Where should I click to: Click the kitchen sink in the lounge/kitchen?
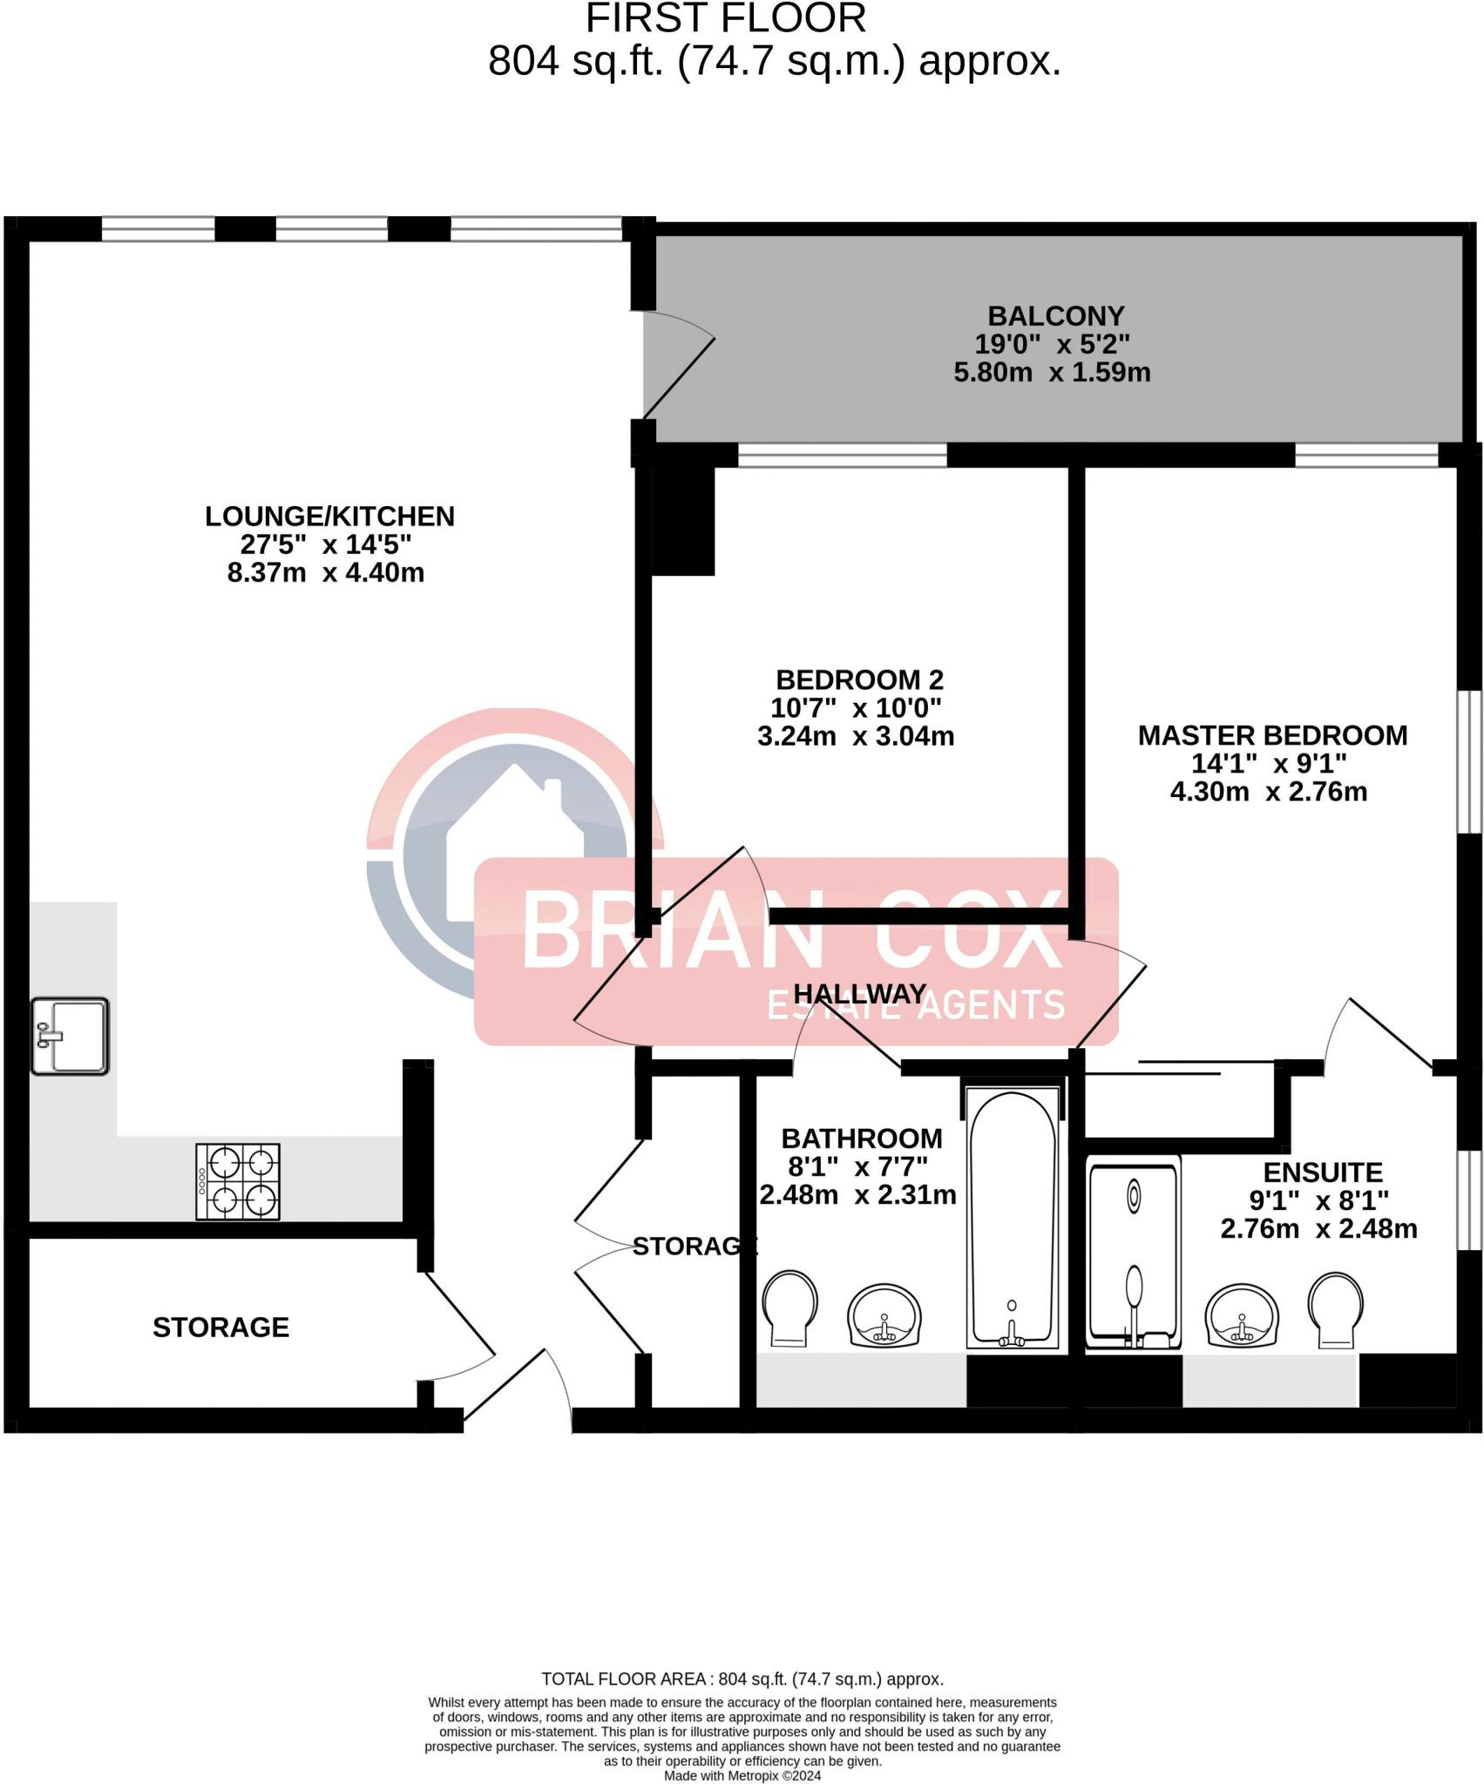coord(71,1037)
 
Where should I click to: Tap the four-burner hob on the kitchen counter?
coord(238,1181)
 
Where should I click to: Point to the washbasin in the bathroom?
coord(884,1315)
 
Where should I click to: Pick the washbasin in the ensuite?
coord(1242,1315)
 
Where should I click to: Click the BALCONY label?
coord(1055,315)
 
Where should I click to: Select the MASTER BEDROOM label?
coord(1272,735)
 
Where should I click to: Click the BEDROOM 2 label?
coord(859,679)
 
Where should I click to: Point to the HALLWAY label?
coord(859,994)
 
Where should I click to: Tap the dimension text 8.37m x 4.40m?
coord(326,573)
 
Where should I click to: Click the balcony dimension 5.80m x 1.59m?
coord(1052,373)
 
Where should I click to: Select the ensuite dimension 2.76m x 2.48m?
coord(1318,1229)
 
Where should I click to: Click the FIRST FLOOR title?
coord(725,19)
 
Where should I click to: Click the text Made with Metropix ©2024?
coord(742,1775)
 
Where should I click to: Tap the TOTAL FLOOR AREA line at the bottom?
coord(742,1679)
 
